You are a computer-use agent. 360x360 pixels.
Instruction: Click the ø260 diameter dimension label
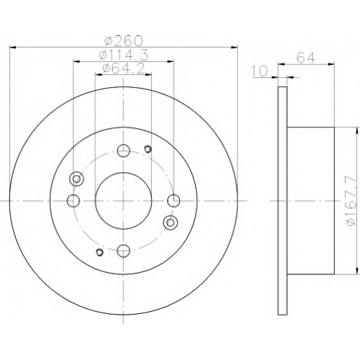124,41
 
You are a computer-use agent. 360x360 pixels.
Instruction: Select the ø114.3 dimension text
124,55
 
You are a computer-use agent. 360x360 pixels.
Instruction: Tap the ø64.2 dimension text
124,69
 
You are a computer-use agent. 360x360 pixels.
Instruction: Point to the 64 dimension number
305,58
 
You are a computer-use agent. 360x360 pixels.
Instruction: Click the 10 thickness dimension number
260,71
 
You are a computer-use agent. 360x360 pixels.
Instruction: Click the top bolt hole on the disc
124,150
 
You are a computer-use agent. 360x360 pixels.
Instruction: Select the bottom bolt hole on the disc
124,251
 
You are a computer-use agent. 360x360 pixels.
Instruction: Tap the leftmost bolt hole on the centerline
73,201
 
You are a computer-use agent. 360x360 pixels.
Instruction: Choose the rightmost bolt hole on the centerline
174,201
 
